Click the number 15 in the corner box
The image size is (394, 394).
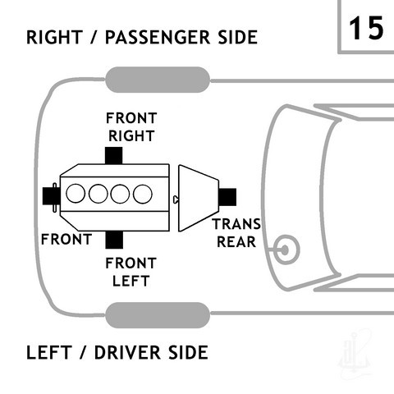pyautogui.click(x=366, y=28)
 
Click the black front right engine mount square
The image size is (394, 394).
pyautogui.click(x=113, y=156)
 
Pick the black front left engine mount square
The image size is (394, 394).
pyautogui.click(x=114, y=240)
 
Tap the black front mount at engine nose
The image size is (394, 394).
pyautogui.click(x=51, y=196)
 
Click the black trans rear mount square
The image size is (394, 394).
pyautogui.click(x=227, y=197)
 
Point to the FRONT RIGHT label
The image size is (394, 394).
pyautogui.click(x=131, y=127)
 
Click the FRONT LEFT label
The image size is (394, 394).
pyautogui.click(x=131, y=272)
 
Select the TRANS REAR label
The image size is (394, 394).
pyautogui.click(x=237, y=233)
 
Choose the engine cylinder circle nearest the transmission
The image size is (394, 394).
pyautogui.click(x=143, y=194)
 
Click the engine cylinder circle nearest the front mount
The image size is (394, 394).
pyautogui.click(x=76, y=194)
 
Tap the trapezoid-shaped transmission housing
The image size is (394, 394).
pyautogui.click(x=199, y=198)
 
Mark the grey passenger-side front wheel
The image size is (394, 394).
pyautogui.click(x=158, y=80)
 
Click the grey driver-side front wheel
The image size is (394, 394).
pyautogui.click(x=158, y=315)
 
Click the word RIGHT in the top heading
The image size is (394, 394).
pyautogui.click(x=54, y=37)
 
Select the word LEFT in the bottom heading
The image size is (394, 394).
pyautogui.click(x=49, y=352)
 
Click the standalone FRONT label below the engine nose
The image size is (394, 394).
pyautogui.click(x=66, y=240)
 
